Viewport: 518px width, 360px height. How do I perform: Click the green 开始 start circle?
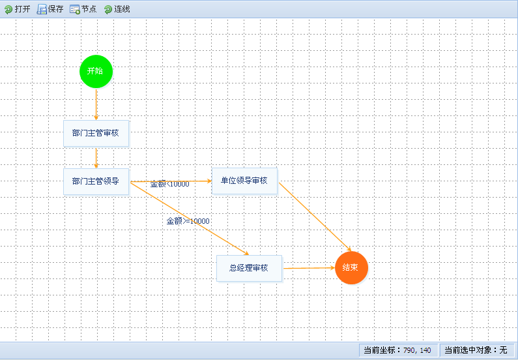coord(96,71)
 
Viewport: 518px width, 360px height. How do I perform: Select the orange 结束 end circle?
coord(351,267)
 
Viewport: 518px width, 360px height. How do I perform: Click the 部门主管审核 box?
coord(96,133)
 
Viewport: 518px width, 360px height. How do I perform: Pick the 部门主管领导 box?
coord(96,181)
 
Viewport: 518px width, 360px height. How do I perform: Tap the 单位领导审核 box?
coord(244,181)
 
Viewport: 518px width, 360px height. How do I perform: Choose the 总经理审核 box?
coord(249,268)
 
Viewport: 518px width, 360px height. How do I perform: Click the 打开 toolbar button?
coord(17,9)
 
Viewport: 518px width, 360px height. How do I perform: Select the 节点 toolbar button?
coord(83,9)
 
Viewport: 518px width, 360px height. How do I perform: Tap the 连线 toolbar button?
coord(117,9)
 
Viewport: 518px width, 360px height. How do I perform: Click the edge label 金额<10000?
coord(170,185)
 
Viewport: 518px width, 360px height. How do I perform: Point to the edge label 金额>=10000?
coord(188,221)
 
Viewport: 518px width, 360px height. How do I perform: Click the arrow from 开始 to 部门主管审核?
coord(96,104)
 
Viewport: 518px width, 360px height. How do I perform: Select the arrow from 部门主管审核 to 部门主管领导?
coord(96,158)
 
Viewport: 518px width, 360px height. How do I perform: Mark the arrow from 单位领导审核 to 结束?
coord(315,217)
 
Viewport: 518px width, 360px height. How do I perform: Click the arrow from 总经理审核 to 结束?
coord(309,268)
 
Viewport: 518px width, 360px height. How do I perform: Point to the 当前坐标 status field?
coord(398,350)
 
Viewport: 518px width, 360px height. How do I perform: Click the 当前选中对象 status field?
coord(477,350)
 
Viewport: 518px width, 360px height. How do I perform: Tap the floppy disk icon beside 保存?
coord(42,9)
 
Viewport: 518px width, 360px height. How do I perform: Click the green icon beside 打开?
coord(8,10)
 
